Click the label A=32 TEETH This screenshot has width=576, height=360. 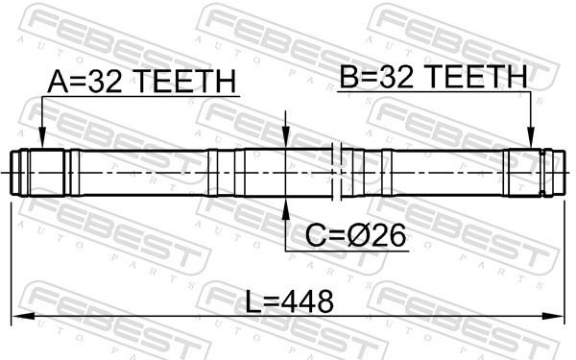tap(141, 83)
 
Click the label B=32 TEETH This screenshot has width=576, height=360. tap(433, 76)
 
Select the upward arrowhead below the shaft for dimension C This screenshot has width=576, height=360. tap(285, 204)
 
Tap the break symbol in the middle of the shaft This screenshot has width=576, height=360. tap(335, 174)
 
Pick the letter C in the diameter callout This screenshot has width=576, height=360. tap(315, 234)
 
